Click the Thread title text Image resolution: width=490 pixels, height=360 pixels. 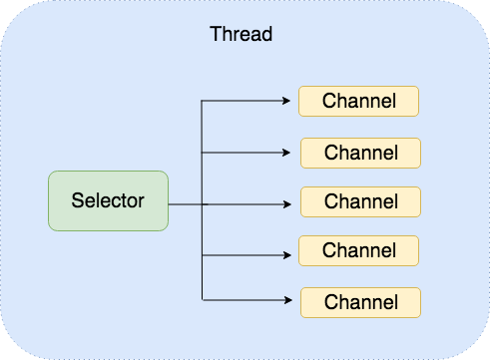(242, 33)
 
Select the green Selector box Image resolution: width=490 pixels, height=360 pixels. (108, 200)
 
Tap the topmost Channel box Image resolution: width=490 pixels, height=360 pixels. (358, 101)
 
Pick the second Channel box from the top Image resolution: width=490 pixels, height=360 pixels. (361, 153)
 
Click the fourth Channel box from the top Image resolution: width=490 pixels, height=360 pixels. (358, 250)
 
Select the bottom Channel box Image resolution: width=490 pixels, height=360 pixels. (361, 301)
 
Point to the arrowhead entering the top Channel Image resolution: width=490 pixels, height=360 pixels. (293, 101)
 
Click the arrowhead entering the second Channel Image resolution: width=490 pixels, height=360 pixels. (295, 153)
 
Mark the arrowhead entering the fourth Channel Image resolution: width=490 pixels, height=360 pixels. (293, 254)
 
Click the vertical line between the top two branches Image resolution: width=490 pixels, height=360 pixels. (203, 127)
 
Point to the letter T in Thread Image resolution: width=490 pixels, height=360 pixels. (216, 33)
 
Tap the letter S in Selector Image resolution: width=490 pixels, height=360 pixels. (77, 200)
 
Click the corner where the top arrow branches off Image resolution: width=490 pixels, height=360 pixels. (203, 101)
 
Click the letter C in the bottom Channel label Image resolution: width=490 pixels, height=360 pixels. (329, 301)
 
